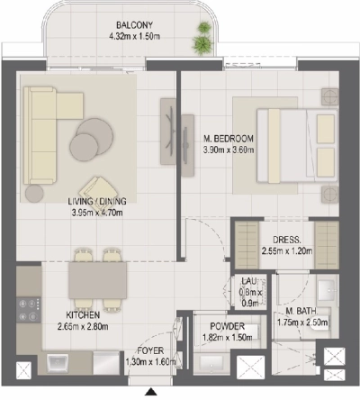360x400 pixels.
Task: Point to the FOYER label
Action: pos(148,350)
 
